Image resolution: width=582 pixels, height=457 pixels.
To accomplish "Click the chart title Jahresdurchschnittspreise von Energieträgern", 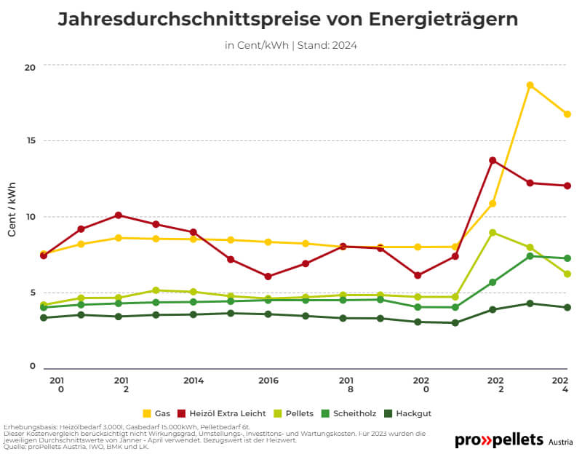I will point(287,20).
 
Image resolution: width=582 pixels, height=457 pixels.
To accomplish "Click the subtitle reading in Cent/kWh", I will point(290,45).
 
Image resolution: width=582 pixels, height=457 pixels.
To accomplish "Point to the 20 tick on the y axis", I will point(29,67).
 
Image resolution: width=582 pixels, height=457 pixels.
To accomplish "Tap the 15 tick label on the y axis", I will point(29,140).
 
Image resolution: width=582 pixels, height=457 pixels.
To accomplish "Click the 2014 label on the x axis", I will point(194,380).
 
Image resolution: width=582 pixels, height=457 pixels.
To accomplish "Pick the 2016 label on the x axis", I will point(268,380).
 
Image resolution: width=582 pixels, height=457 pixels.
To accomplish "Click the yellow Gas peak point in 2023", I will point(530,85).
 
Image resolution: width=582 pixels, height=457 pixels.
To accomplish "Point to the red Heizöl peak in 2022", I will point(493,160).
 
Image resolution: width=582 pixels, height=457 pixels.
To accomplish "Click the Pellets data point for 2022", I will point(493,233).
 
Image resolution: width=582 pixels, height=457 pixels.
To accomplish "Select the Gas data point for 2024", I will point(567,114).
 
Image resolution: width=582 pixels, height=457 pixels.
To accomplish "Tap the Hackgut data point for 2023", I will point(530,303).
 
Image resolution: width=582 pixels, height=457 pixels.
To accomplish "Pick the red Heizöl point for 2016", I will point(268,277).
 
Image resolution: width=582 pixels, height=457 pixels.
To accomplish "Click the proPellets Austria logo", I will point(513,440).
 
